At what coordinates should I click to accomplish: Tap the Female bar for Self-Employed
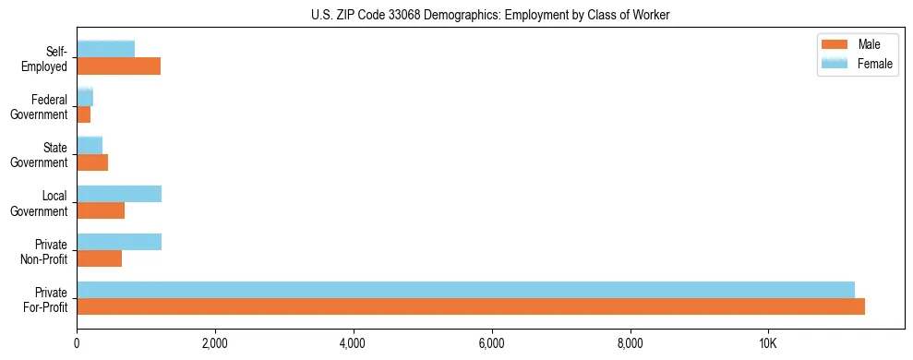pyautogui.click(x=105, y=49)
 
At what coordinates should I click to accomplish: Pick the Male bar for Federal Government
pyautogui.click(x=83, y=114)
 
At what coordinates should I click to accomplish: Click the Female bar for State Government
pyautogui.click(x=90, y=145)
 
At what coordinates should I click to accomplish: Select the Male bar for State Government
pyautogui.click(x=92, y=162)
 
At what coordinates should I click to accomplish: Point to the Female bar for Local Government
pyautogui.click(x=119, y=193)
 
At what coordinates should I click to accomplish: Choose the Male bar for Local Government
pyautogui.click(x=101, y=210)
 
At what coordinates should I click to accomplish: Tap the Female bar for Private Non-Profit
pyautogui.click(x=119, y=241)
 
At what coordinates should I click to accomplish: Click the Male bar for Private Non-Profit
pyautogui.click(x=99, y=258)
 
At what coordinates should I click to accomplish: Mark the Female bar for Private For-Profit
pyautogui.click(x=465, y=289)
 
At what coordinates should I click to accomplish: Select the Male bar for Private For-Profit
pyautogui.click(x=471, y=306)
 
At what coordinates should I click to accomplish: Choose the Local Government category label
pyautogui.click(x=42, y=203)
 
